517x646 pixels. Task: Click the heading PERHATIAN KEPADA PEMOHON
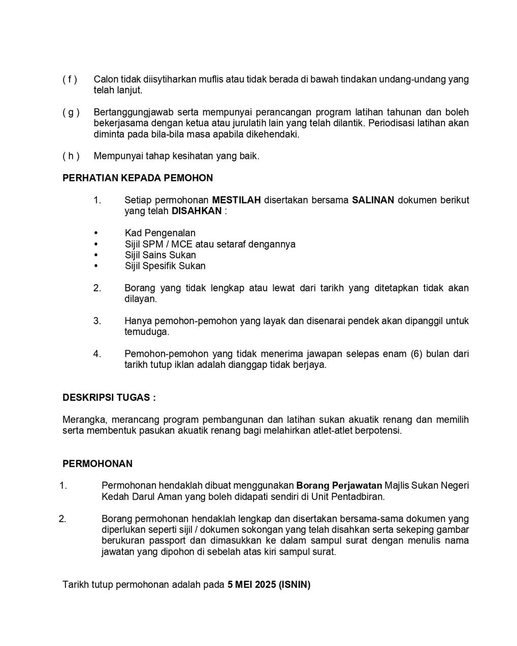pyautogui.click(x=138, y=178)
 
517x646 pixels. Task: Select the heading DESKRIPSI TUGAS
pyautogui.click(x=109, y=398)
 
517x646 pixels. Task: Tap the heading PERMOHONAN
pyautogui.click(x=98, y=464)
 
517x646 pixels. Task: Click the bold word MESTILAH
pyautogui.click(x=236, y=200)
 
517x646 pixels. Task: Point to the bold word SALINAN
pyautogui.click(x=373, y=200)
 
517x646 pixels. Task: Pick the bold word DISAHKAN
pyautogui.click(x=197, y=211)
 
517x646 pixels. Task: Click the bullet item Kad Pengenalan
pyautogui.click(x=160, y=233)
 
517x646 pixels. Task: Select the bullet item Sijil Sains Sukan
pyautogui.click(x=160, y=255)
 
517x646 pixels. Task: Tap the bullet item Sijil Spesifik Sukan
pyautogui.click(x=165, y=266)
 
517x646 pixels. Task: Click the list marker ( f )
pyautogui.click(x=70, y=80)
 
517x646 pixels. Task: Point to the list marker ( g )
pyautogui.click(x=71, y=113)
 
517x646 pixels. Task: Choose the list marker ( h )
pyautogui.click(x=71, y=156)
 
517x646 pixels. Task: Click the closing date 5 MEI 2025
pyautogui.click(x=251, y=585)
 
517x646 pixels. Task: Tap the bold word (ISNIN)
pyautogui.click(x=295, y=585)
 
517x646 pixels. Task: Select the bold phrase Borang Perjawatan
pyautogui.click(x=339, y=486)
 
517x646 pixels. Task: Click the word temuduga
pyautogui.click(x=147, y=332)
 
